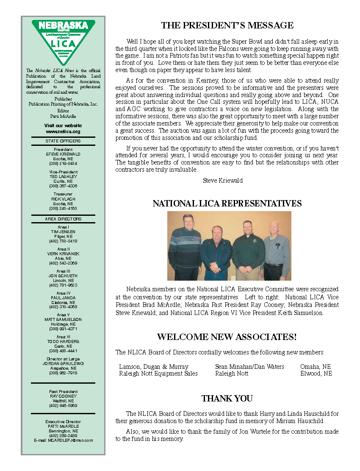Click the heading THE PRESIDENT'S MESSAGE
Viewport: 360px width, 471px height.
(227, 25)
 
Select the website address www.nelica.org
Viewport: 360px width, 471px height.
(63, 131)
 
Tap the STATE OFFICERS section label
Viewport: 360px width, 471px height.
(63, 141)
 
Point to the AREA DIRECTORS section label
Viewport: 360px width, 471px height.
(63, 219)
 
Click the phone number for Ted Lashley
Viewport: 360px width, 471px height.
(63, 186)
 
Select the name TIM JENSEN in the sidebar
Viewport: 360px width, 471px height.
(63, 232)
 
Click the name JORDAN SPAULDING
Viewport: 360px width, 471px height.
(63, 363)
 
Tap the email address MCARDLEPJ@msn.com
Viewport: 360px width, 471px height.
(63, 440)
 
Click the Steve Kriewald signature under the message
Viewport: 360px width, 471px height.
(223, 181)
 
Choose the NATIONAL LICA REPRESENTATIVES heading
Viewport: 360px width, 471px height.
(227, 203)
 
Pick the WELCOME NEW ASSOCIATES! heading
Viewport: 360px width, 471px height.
(227, 337)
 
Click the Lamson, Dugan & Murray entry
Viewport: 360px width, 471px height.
(154, 366)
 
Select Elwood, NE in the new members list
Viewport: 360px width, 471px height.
(316, 373)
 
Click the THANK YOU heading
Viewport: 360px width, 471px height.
(227, 399)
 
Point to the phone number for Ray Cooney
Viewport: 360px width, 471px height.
(63, 405)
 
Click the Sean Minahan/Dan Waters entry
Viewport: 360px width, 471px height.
(249, 366)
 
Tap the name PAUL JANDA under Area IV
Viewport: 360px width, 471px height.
(63, 298)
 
